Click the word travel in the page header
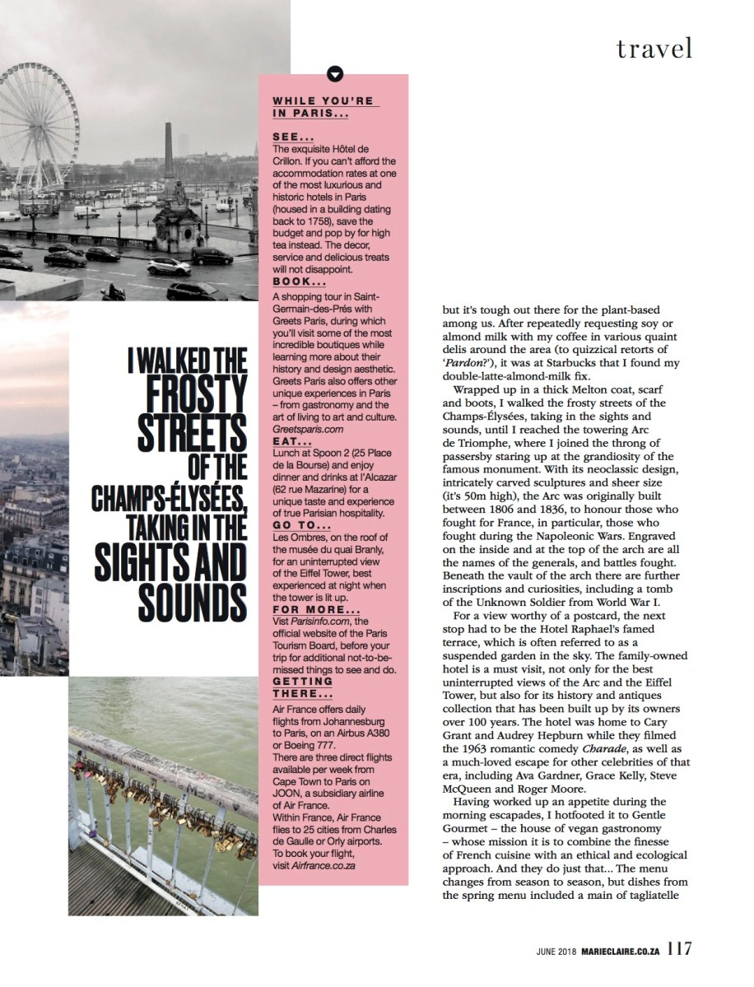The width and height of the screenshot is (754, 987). click(654, 49)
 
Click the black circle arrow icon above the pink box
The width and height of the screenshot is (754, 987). click(334, 74)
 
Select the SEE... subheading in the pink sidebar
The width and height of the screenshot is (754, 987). click(292, 138)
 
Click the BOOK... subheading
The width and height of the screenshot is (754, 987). click(299, 280)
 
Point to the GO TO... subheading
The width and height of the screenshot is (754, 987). click(302, 525)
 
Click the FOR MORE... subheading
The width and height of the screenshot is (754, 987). click(316, 609)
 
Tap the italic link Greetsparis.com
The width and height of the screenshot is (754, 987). click(307, 430)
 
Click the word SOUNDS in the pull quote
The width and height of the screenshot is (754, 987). click(193, 606)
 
